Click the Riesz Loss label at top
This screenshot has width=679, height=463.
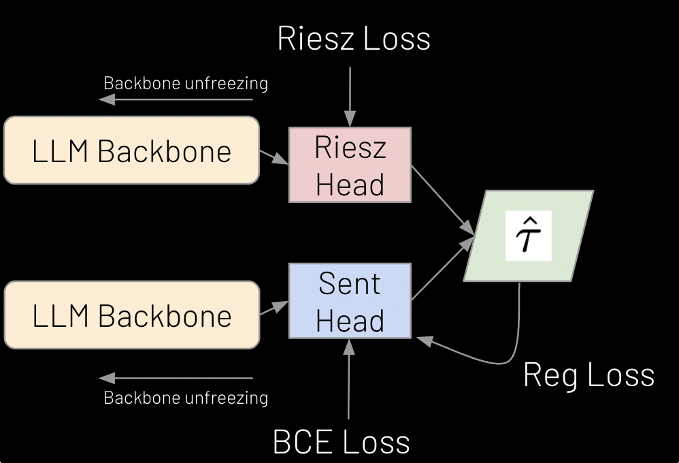[354, 38]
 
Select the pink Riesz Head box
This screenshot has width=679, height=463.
[350, 165]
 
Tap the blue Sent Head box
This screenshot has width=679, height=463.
[350, 301]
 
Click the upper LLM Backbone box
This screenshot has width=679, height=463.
[131, 150]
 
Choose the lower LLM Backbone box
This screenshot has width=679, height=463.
[131, 315]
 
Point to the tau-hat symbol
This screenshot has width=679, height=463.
[527, 236]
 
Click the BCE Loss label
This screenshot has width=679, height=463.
[342, 441]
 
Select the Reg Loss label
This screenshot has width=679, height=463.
[589, 375]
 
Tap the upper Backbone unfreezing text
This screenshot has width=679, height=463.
[185, 83]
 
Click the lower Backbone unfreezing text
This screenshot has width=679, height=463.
[185, 398]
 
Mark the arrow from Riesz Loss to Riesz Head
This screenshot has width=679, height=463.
[349, 95]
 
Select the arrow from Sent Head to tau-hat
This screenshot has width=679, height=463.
[442, 269]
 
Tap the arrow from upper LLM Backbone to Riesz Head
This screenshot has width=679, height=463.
[274, 157]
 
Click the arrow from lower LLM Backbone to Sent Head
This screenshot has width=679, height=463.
[274, 308]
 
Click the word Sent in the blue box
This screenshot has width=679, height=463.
[350, 284]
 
